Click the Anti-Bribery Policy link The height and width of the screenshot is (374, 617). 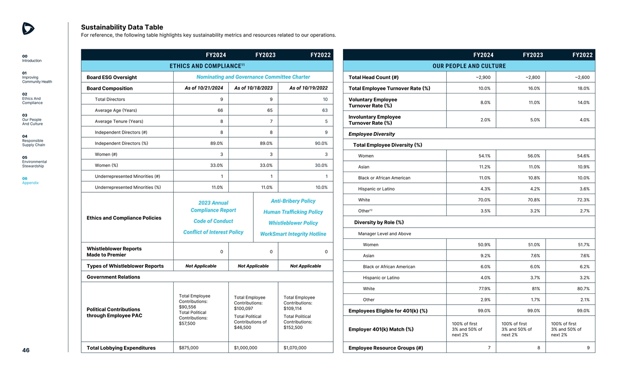pos(292,201)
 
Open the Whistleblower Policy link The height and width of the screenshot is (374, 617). pos(293,223)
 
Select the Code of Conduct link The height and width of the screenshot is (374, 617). pos(213,221)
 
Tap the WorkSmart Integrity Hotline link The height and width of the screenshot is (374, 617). pos(293,234)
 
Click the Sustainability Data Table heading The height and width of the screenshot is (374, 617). pos(122,27)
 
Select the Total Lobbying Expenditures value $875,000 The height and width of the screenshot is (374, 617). pos(188,348)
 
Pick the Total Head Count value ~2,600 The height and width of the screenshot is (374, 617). pos(578,78)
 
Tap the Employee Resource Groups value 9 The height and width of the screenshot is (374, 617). pos(587,348)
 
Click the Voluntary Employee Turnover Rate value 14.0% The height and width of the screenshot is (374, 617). pos(578,102)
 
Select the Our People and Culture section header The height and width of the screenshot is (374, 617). pos(469,66)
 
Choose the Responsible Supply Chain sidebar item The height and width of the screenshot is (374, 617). pos(33,142)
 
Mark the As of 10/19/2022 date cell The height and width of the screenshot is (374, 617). pos(308,87)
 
